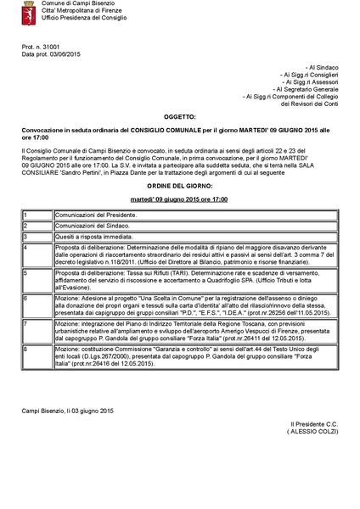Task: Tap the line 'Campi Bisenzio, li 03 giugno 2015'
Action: (67, 411)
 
